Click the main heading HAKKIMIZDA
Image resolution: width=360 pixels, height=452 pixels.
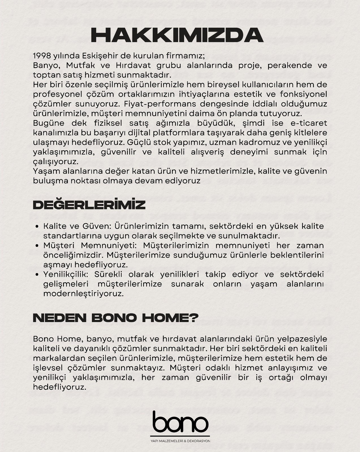(177, 36)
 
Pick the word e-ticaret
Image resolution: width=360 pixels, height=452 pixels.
(307, 123)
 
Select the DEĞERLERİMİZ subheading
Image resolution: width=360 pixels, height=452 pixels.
(89, 205)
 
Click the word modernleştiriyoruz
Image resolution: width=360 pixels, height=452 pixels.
(84, 294)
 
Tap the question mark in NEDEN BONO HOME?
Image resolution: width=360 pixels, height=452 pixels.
(193, 318)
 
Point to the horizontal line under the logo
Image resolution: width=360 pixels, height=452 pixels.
(180, 436)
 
